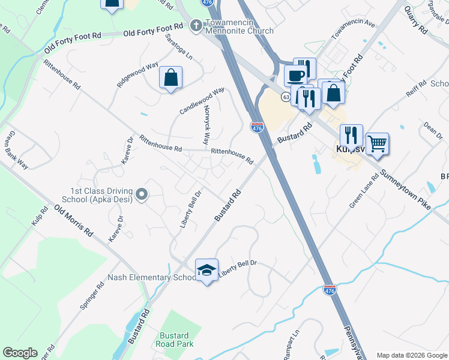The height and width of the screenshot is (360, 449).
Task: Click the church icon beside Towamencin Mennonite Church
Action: coord(195,26)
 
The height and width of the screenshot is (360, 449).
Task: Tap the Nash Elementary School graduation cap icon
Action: coord(206,270)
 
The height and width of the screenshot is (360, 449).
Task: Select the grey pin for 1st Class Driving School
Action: coord(142,194)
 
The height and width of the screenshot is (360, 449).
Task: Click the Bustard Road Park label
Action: coord(174,340)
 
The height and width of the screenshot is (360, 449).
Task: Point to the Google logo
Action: coord(20,353)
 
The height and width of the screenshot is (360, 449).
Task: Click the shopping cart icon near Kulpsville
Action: coord(377,143)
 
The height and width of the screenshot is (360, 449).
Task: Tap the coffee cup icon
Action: coord(295,76)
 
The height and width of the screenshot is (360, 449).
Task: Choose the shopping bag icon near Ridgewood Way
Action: coord(170,77)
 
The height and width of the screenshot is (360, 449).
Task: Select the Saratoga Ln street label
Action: coord(179,47)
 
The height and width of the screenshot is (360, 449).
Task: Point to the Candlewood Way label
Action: coord(202,101)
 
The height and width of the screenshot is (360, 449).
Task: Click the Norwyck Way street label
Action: coord(205,127)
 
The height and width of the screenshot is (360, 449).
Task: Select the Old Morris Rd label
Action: coord(74,221)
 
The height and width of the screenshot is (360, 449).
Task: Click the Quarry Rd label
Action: coord(415,20)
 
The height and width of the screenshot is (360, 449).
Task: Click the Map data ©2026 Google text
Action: coord(411,355)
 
